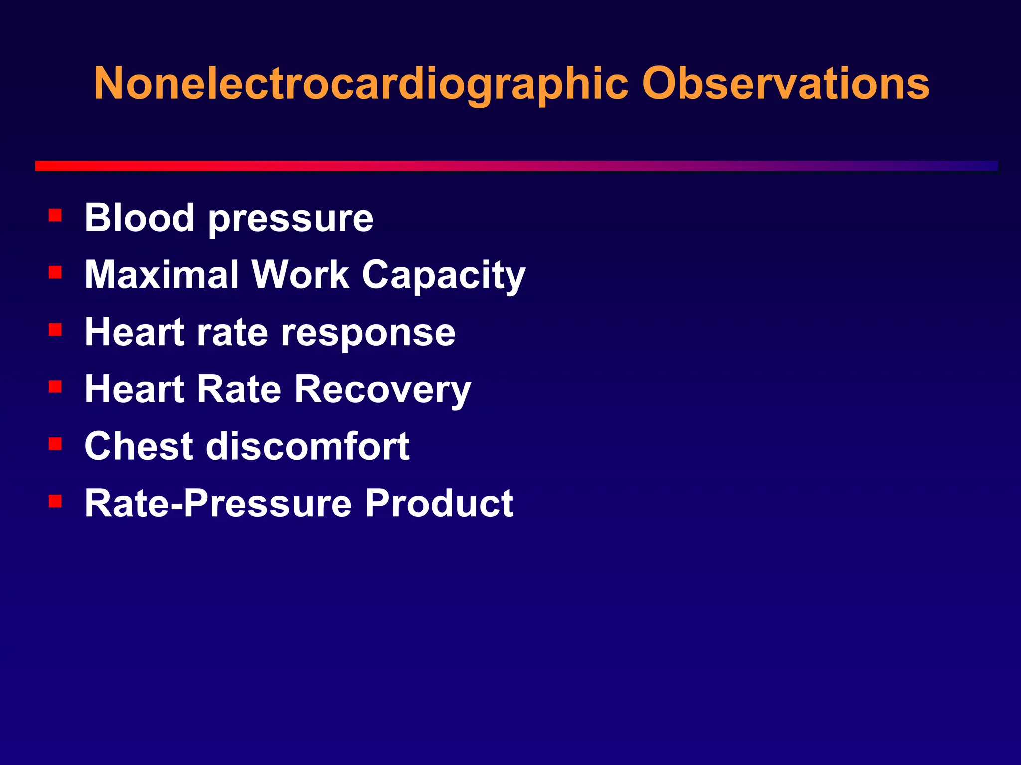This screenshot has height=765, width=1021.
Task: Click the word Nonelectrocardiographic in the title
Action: tap(361, 84)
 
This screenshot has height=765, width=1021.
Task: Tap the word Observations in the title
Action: tap(785, 84)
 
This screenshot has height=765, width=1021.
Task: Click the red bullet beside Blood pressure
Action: tap(55, 215)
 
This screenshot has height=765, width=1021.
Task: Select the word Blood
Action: tap(139, 218)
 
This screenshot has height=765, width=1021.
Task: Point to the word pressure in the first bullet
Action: tap(291, 220)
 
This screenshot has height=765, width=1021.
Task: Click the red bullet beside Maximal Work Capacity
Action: tap(55, 272)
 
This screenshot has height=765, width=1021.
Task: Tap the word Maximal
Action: tap(162, 274)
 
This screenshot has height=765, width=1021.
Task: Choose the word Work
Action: tap(300, 274)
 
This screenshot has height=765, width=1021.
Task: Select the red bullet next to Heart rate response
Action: tap(55, 329)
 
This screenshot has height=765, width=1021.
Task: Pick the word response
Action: tap(368, 333)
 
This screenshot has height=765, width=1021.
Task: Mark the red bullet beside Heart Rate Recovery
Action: tap(55, 386)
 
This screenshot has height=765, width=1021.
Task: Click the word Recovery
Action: tap(382, 390)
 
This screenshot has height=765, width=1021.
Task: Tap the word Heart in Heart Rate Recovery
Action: tap(135, 389)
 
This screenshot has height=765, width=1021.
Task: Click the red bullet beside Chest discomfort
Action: tap(55, 443)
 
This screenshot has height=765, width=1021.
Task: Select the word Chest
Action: tap(139, 446)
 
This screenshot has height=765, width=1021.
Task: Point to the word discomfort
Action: tap(308, 446)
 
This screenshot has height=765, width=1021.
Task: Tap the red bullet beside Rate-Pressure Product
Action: tap(55, 501)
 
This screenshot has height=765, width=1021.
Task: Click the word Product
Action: tap(439, 503)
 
